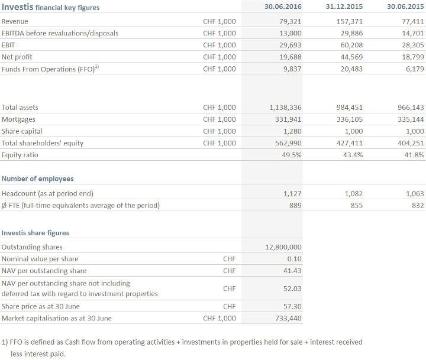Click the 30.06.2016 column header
pos(282,7)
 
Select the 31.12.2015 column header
pos(344,7)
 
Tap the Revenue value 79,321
pos(290,21)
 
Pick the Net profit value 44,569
pos(352,57)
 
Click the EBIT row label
pos(9,45)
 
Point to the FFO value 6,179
pos(414,69)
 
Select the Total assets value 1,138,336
pos(285,108)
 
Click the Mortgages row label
pos(18,119)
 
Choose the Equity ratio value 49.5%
pos(292,155)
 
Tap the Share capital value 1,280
pos(292,131)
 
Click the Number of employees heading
pos(38,179)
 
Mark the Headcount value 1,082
pos(353,193)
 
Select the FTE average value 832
pos(418,205)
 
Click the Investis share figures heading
pos(35,233)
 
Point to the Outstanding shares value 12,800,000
pos(284,247)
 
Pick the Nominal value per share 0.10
pos(294,259)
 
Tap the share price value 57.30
pos(292,306)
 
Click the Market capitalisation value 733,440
pos(290,318)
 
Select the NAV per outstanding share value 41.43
pos(292,271)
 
